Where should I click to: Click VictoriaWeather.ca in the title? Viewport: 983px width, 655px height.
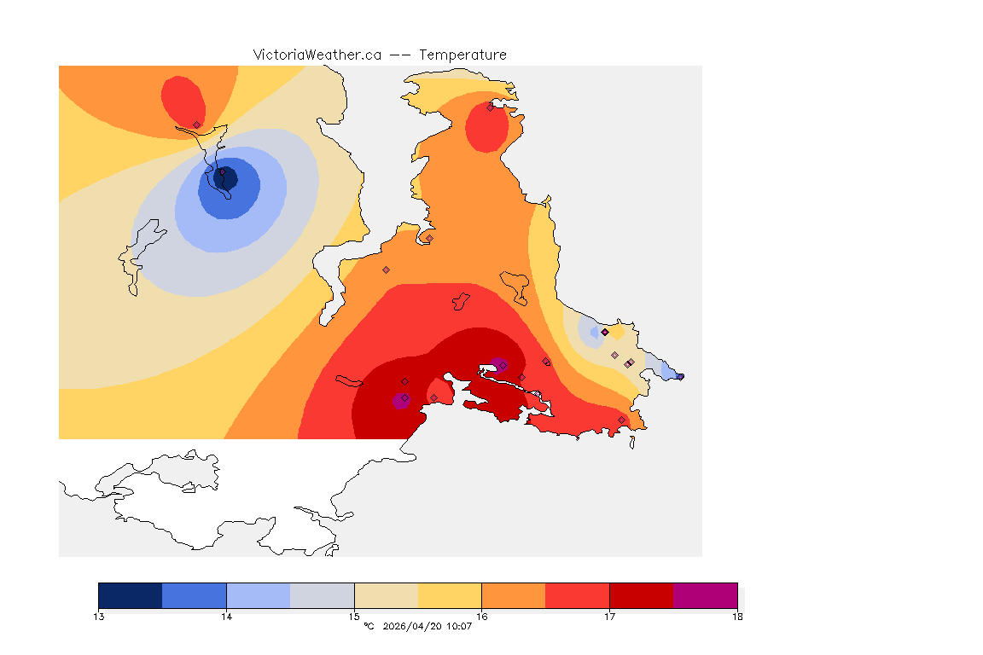pyautogui.click(x=317, y=55)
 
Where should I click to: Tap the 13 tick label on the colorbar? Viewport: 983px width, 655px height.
pyautogui.click(x=99, y=616)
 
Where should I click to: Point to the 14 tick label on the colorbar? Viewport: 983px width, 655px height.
pyautogui.click(x=226, y=616)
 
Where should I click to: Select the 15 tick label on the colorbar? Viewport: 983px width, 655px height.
pyautogui.click(x=354, y=616)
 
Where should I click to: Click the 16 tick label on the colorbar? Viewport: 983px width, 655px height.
pyautogui.click(x=482, y=616)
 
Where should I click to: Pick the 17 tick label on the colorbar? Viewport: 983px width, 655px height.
pyautogui.click(x=609, y=616)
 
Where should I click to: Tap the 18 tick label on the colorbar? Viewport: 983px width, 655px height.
pyautogui.click(x=737, y=616)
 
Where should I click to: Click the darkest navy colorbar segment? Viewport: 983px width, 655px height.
pyautogui.click(x=131, y=595)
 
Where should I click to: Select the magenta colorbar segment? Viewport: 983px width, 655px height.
pyautogui.click(x=706, y=595)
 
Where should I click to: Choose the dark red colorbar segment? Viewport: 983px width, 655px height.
pyautogui.click(x=642, y=595)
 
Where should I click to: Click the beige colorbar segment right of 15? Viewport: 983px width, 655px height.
pyautogui.click(x=386, y=595)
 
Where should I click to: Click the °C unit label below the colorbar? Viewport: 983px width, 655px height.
pyautogui.click(x=369, y=627)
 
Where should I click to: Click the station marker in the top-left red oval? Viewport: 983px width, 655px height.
pyautogui.click(x=196, y=125)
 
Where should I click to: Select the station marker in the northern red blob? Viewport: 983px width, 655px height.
pyautogui.click(x=490, y=107)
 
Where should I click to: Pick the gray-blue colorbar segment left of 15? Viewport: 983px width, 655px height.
pyautogui.click(x=323, y=595)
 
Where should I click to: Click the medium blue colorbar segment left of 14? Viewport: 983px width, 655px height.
pyautogui.click(x=195, y=595)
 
